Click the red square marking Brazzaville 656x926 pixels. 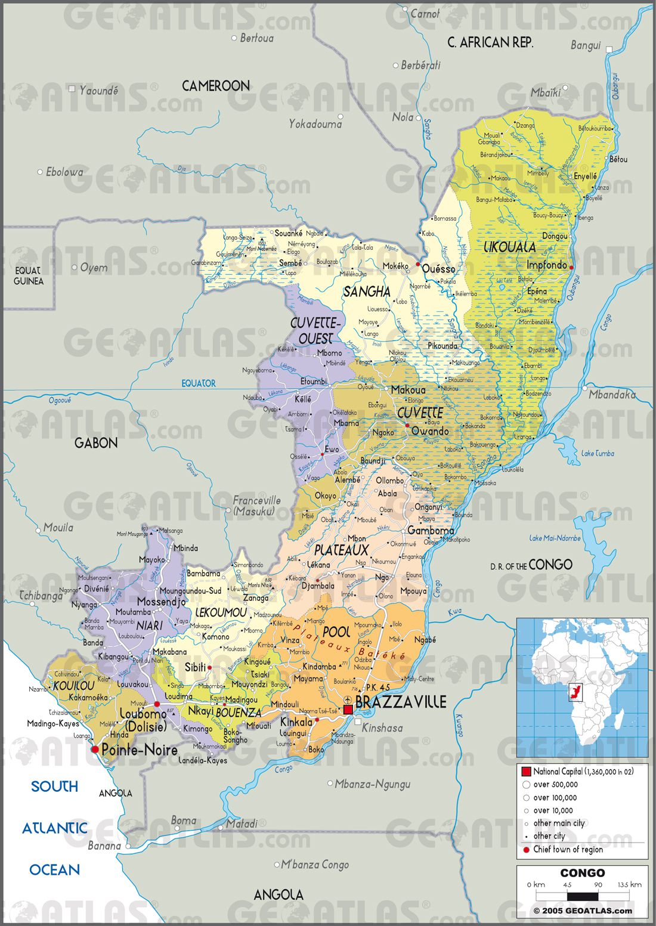pyautogui.click(x=348, y=710)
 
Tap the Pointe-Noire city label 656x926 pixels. pyautogui.click(x=140, y=750)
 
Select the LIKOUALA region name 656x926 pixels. pyautogui.click(x=509, y=246)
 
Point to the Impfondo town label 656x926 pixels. pyautogui.click(x=546, y=265)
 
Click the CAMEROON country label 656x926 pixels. pyautogui.click(x=215, y=86)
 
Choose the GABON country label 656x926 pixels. pyautogui.click(x=96, y=442)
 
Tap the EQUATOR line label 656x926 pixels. pyautogui.click(x=199, y=383)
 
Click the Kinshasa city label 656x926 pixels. pyautogui.click(x=382, y=728)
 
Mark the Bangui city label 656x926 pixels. pyautogui.click(x=585, y=46)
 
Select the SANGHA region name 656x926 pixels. pyautogui.click(x=367, y=292)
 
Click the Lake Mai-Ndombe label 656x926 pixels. pyautogui.click(x=555, y=538)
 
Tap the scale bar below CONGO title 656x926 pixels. pyautogui.click(x=582, y=896)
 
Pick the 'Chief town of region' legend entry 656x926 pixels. pyautogui.click(x=568, y=850)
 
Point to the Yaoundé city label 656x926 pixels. pyautogui.click(x=98, y=91)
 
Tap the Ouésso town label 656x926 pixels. pyautogui.click(x=438, y=269)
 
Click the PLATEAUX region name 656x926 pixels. pyautogui.click(x=341, y=550)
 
